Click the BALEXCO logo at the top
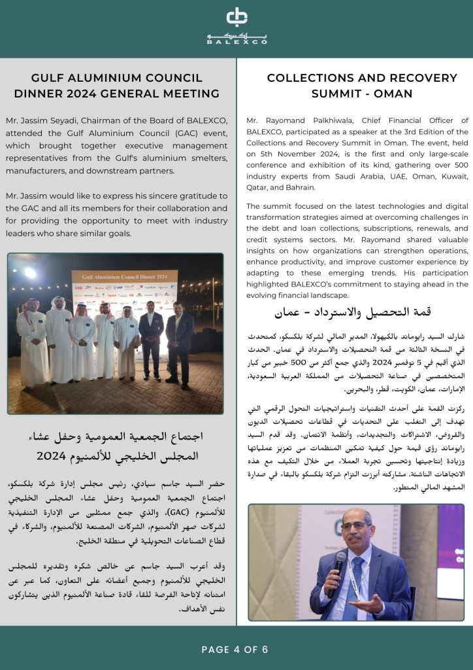tap(236, 26)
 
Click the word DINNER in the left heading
tap(40, 94)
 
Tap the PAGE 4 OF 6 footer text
tap(235, 650)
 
